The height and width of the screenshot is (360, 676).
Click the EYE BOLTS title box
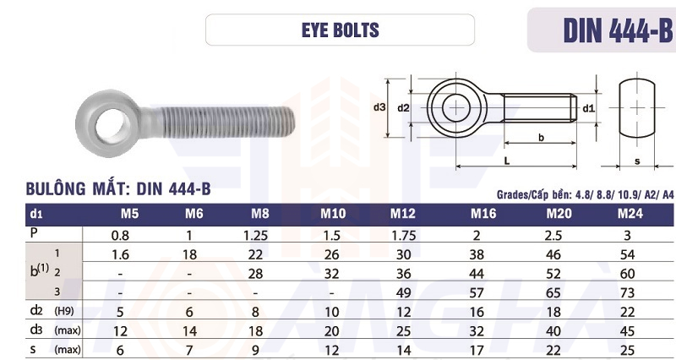pyautogui.click(x=340, y=30)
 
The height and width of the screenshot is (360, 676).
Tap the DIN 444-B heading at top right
pyautogui.click(x=618, y=30)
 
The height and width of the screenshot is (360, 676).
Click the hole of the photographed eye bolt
pyautogui.click(x=112, y=123)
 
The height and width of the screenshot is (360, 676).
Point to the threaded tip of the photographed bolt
pyautogui.click(x=290, y=122)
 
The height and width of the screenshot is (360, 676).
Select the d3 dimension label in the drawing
pyautogui.click(x=379, y=108)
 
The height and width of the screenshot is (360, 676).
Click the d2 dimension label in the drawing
pyautogui.click(x=403, y=108)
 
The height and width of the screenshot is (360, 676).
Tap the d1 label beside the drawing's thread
pyautogui.click(x=588, y=109)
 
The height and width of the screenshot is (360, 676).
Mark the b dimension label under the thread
pyautogui.click(x=541, y=138)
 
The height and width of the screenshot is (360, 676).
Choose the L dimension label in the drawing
pyautogui.click(x=507, y=161)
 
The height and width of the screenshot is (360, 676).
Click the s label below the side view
pyautogui.click(x=637, y=161)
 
